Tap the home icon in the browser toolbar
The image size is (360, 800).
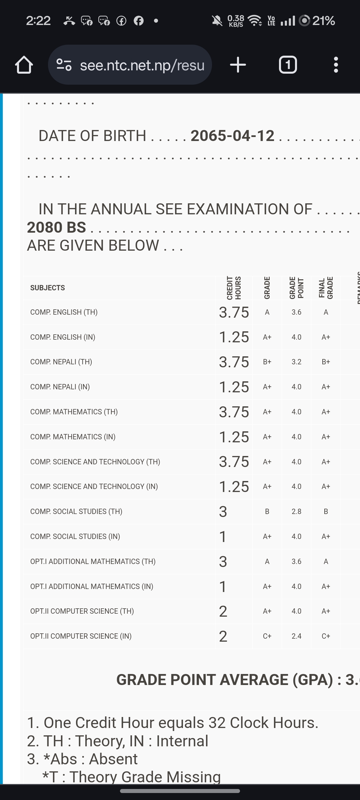(x=24, y=65)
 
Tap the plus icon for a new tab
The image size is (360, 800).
(x=238, y=65)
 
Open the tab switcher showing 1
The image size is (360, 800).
(x=288, y=65)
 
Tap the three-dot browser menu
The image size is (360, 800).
(x=336, y=65)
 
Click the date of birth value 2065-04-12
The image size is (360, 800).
(x=232, y=136)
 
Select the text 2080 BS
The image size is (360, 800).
(x=56, y=227)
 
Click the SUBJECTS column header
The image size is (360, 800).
(x=48, y=288)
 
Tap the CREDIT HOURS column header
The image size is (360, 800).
(x=234, y=288)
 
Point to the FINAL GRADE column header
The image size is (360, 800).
(x=326, y=288)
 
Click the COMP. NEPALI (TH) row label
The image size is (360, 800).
(x=61, y=362)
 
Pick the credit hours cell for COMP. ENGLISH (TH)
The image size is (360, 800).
(x=234, y=312)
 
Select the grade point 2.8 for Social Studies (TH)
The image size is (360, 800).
(x=296, y=511)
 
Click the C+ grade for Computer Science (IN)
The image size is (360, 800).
(x=267, y=636)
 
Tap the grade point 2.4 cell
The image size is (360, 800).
(x=296, y=636)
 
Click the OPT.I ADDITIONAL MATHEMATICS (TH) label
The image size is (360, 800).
(x=93, y=561)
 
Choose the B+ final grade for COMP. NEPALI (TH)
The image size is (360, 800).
(x=326, y=362)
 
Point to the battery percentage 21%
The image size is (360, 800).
(x=323, y=21)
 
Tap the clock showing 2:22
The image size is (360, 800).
(x=38, y=21)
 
